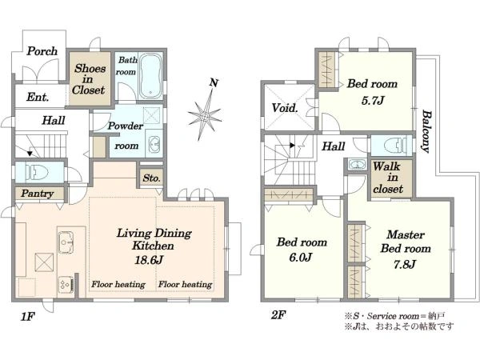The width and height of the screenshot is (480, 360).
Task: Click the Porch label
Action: [x=42, y=51]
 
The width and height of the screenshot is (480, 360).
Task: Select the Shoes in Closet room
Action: [x=89, y=78]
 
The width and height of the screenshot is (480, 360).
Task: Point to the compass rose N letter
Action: [x=214, y=82]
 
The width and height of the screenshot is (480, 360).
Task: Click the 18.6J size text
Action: [x=149, y=260]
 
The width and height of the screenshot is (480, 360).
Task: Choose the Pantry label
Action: [x=38, y=194]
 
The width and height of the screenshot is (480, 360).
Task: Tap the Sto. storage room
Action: [x=151, y=178]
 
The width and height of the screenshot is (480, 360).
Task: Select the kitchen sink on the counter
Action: [x=66, y=242]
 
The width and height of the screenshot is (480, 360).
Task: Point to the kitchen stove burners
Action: [x=66, y=285]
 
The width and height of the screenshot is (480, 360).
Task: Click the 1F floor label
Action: [x=27, y=317]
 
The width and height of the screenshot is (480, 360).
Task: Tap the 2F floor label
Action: [x=278, y=314]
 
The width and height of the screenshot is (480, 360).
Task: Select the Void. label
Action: [x=285, y=108]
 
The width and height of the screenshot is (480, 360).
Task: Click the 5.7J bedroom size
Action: [x=372, y=101]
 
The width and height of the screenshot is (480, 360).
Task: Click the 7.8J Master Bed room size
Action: [x=404, y=263]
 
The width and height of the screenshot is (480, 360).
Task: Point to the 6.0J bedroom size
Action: [x=300, y=257]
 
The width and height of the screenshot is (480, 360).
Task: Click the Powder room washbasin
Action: [x=154, y=143]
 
